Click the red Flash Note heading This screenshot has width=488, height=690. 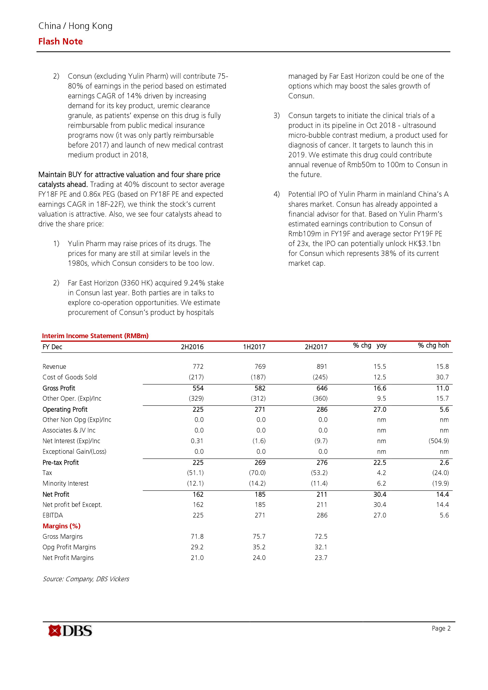click(60, 42)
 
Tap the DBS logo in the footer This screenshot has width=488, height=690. click(70, 631)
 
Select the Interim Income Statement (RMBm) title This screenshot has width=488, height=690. click(95, 336)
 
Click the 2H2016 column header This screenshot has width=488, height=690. click(192, 347)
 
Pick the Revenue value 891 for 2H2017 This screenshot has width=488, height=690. click(322, 367)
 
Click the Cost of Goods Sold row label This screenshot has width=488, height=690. click(70, 377)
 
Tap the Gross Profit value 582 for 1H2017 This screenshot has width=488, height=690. click(260, 388)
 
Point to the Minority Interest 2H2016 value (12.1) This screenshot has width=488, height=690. click(195, 483)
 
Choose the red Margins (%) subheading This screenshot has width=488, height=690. click(62, 526)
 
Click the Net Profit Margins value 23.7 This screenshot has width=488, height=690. click(321, 558)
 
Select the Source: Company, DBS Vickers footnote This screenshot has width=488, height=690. click(86, 579)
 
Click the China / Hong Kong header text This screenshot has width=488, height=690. click(75, 26)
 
